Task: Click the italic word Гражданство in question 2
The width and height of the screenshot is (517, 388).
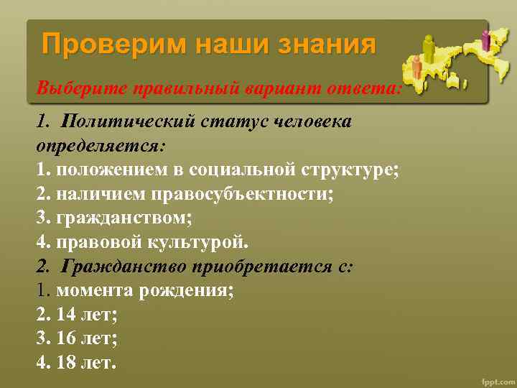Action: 124,267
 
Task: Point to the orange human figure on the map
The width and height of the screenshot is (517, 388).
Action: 416,68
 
